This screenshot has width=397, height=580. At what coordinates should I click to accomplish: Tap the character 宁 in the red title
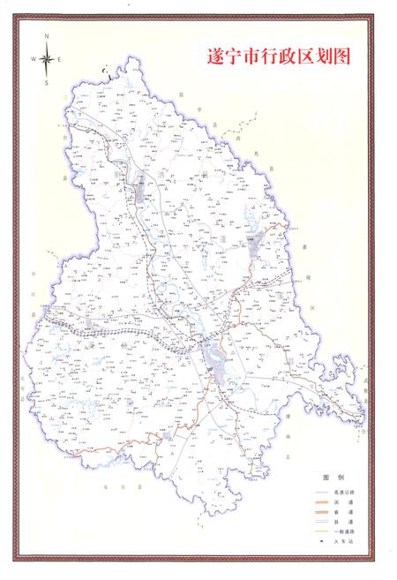coord(235,56)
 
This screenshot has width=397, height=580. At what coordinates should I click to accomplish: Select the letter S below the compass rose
coord(46,82)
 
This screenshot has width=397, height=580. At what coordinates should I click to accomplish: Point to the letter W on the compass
coord(34,59)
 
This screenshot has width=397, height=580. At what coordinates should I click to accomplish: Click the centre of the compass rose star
coord(46,59)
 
